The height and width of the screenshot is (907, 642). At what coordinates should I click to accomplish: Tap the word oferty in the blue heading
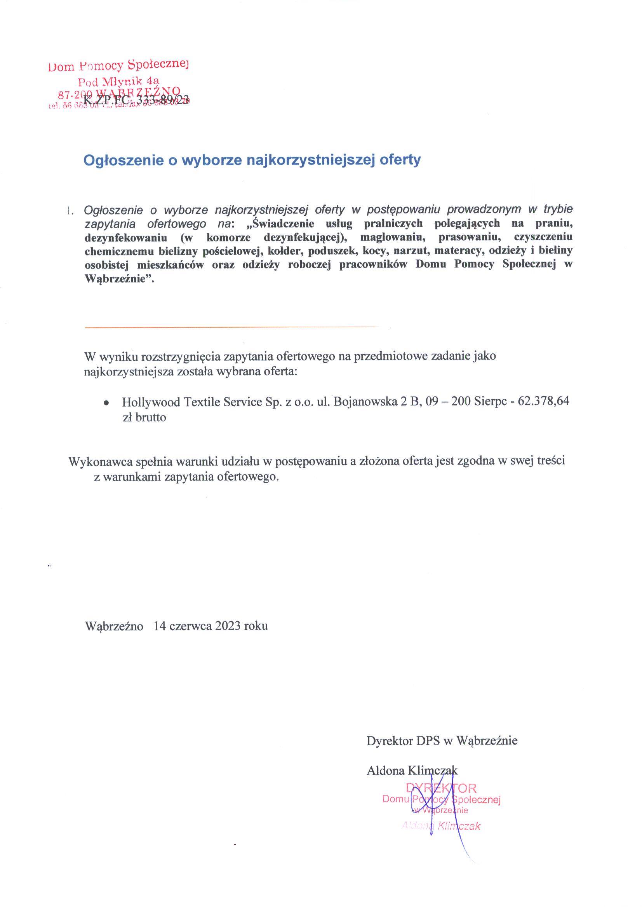click(x=400, y=160)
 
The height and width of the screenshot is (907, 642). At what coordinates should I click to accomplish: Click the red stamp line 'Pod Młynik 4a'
click(x=118, y=82)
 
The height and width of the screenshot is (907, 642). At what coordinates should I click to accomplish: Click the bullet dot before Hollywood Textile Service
click(x=106, y=403)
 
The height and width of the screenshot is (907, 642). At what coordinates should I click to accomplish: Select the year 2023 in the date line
click(x=228, y=626)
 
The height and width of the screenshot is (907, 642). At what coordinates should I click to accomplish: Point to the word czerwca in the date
click(x=190, y=626)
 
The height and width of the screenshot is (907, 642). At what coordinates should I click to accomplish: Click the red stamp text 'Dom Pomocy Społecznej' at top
click(x=118, y=65)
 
